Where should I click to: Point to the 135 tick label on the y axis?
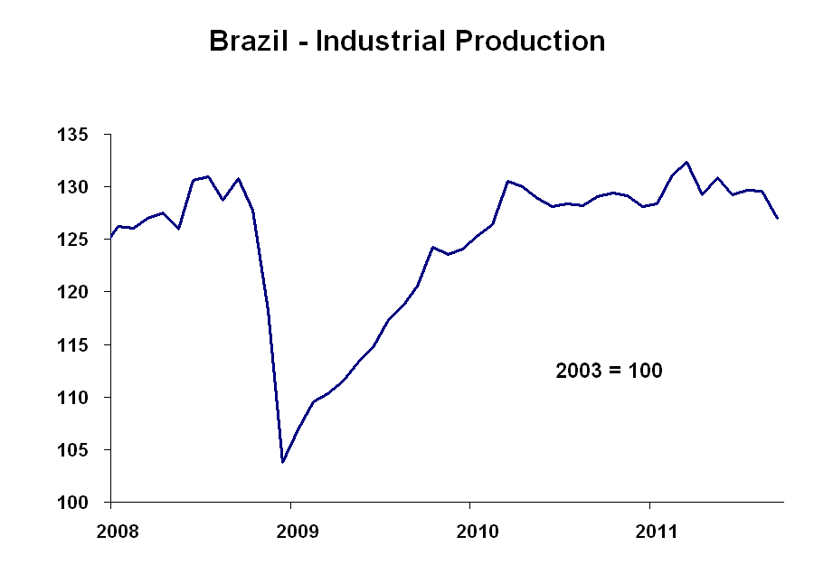pyautogui.click(x=82, y=135)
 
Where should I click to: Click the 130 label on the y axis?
pyautogui.click(x=82, y=187)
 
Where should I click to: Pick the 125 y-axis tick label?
pyautogui.click(x=82, y=240)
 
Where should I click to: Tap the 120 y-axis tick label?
pyautogui.click(x=82, y=292)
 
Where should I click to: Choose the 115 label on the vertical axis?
pyautogui.click(x=82, y=344)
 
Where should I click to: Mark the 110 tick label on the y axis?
pyautogui.click(x=82, y=397)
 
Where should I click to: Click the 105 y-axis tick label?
pyautogui.click(x=82, y=449)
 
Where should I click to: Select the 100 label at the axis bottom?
pyautogui.click(x=82, y=502)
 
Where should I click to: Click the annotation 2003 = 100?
pyautogui.click(x=608, y=371)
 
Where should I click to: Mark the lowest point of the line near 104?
pyautogui.click(x=283, y=462)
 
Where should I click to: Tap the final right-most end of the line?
pyautogui.click(x=778, y=218)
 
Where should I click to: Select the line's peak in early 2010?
pyautogui.click(x=507, y=181)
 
